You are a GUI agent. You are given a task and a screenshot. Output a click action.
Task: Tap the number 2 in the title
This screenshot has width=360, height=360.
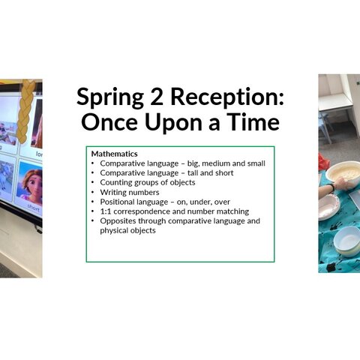(x=157, y=96)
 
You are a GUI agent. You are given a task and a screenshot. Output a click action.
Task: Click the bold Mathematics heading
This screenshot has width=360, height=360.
(x=115, y=154)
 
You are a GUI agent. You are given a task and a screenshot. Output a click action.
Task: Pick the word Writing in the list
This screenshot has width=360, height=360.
(x=112, y=193)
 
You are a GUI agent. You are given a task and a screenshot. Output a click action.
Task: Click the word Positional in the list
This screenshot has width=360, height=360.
(x=116, y=202)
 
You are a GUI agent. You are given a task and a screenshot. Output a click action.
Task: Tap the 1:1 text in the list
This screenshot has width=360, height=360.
(x=106, y=211)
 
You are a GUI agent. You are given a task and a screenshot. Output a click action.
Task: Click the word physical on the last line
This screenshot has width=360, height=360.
(x=112, y=231)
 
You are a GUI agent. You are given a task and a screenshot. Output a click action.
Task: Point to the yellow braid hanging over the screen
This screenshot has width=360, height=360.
(x=26, y=111)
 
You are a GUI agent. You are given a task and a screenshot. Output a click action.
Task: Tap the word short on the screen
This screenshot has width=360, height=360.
(x=34, y=208)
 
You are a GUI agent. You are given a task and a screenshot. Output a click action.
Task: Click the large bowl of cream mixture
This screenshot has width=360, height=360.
(x=343, y=175)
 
